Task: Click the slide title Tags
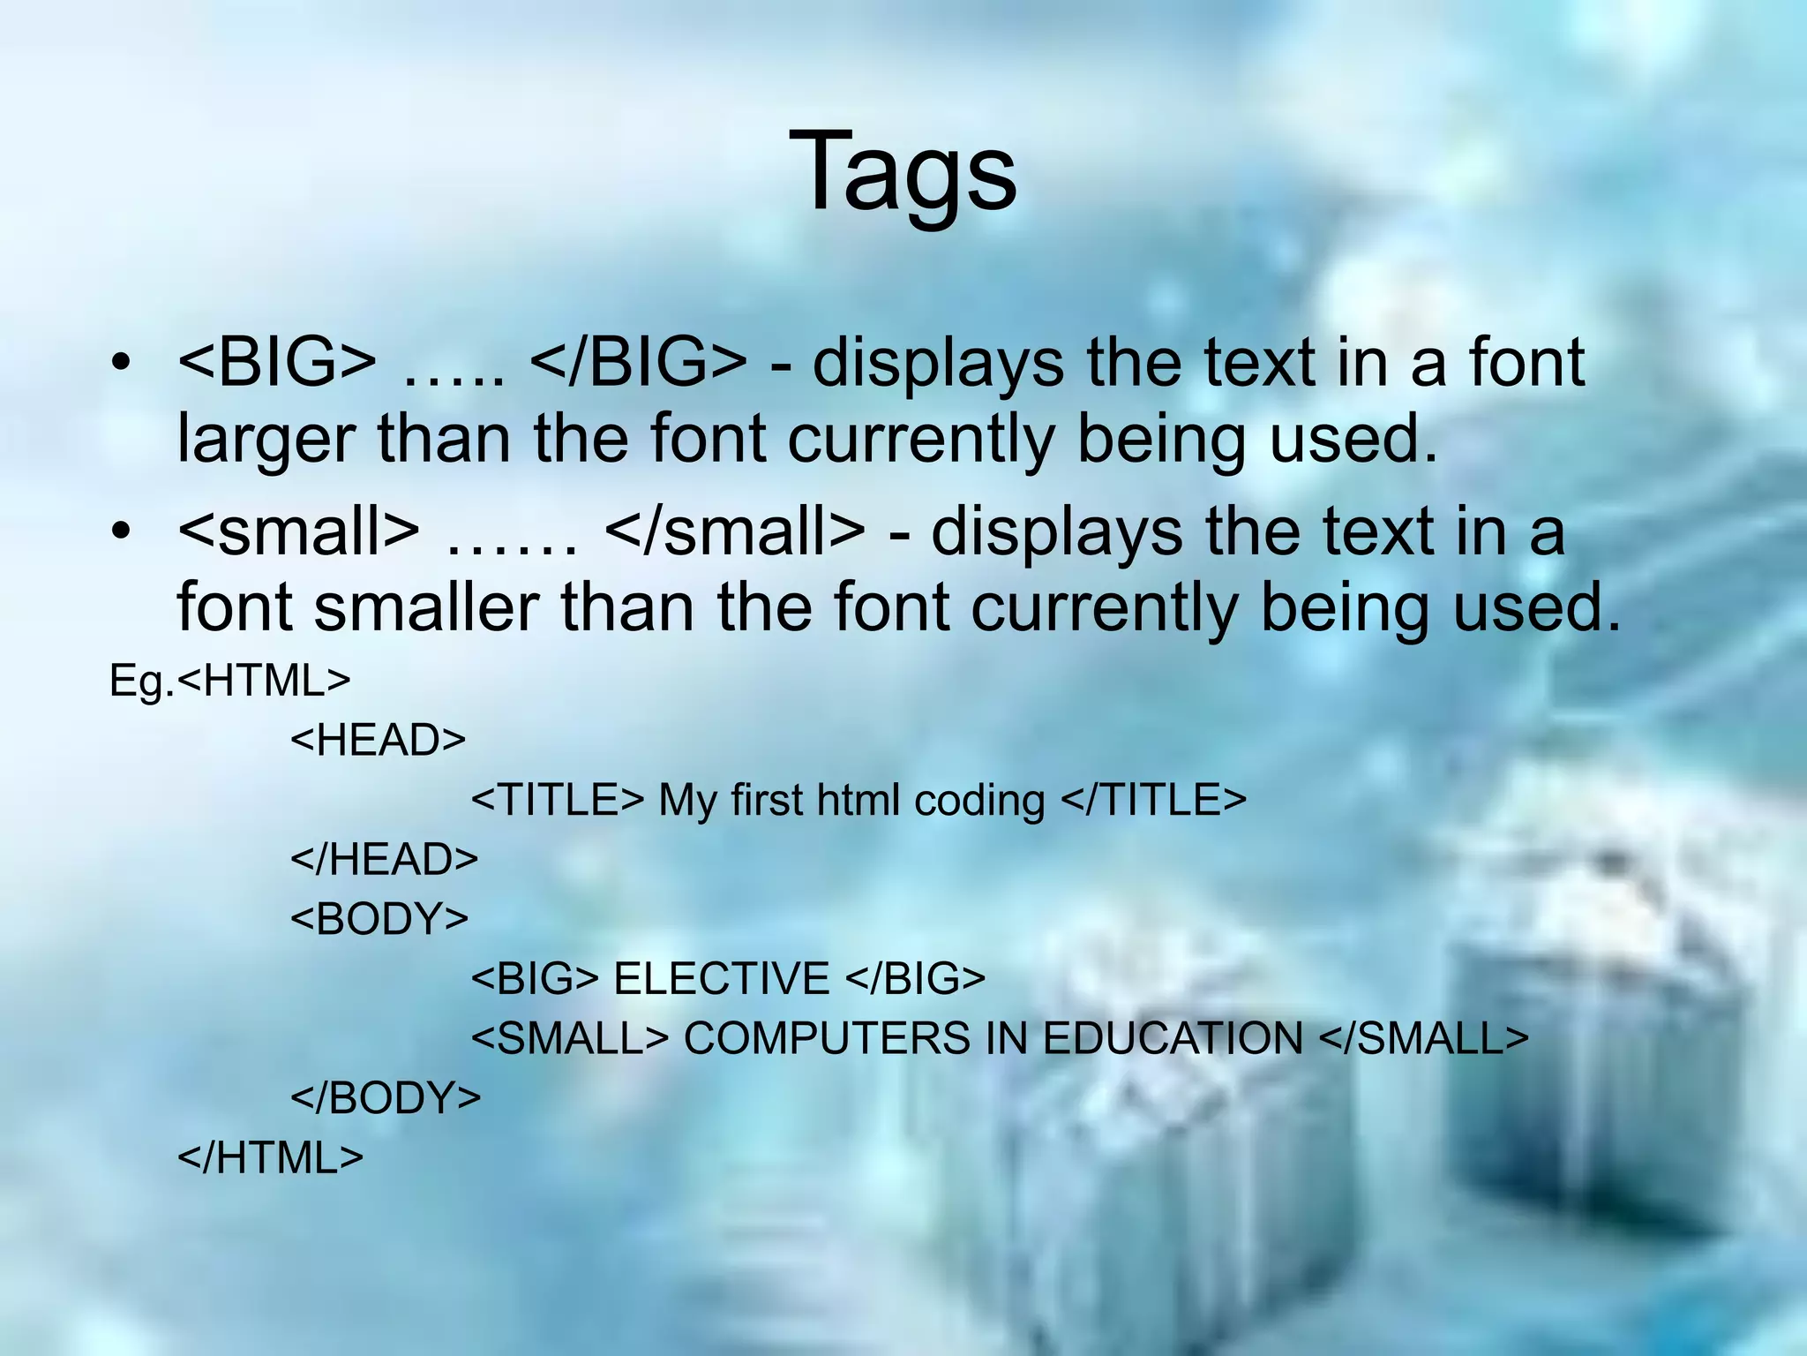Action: [903, 172]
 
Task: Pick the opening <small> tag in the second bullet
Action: [298, 532]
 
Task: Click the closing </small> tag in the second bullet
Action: [736, 532]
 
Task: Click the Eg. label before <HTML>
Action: [141, 682]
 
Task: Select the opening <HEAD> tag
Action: [378, 740]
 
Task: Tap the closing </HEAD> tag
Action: [384, 859]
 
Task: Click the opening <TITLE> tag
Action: [558, 800]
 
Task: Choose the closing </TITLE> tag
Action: [1152, 800]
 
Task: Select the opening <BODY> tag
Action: [379, 919]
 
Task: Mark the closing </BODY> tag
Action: [386, 1098]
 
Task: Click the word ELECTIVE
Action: [721, 979]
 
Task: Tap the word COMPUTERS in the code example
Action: [826, 1039]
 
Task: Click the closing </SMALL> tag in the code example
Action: [1423, 1039]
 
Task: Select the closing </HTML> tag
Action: [270, 1158]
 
